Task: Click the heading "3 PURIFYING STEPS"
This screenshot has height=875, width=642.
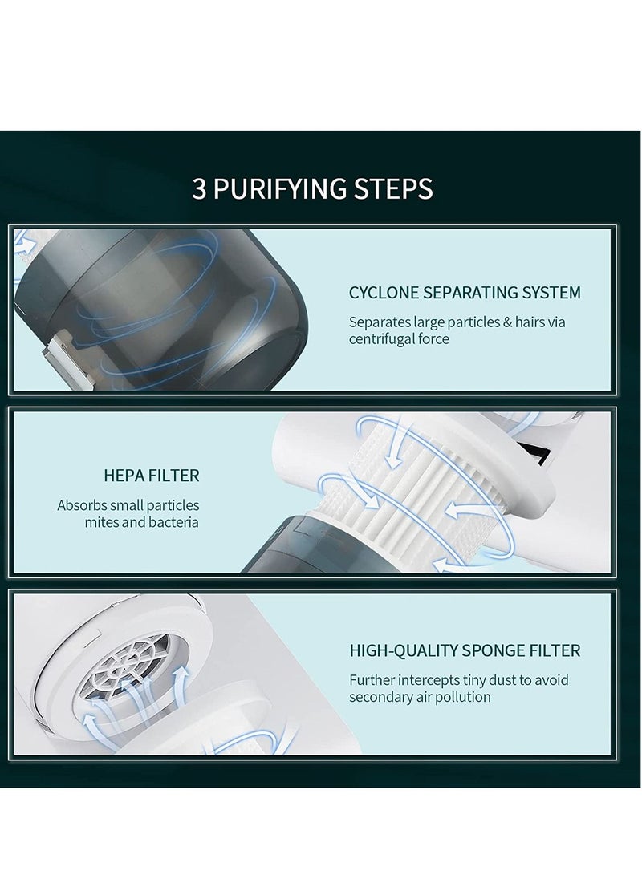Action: (312, 189)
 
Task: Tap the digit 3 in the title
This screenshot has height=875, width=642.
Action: (199, 189)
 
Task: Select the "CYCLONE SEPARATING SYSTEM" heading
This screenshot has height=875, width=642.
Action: (464, 293)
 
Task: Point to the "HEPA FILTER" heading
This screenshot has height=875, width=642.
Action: (151, 476)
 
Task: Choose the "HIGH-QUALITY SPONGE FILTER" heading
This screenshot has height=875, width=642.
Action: (464, 650)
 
